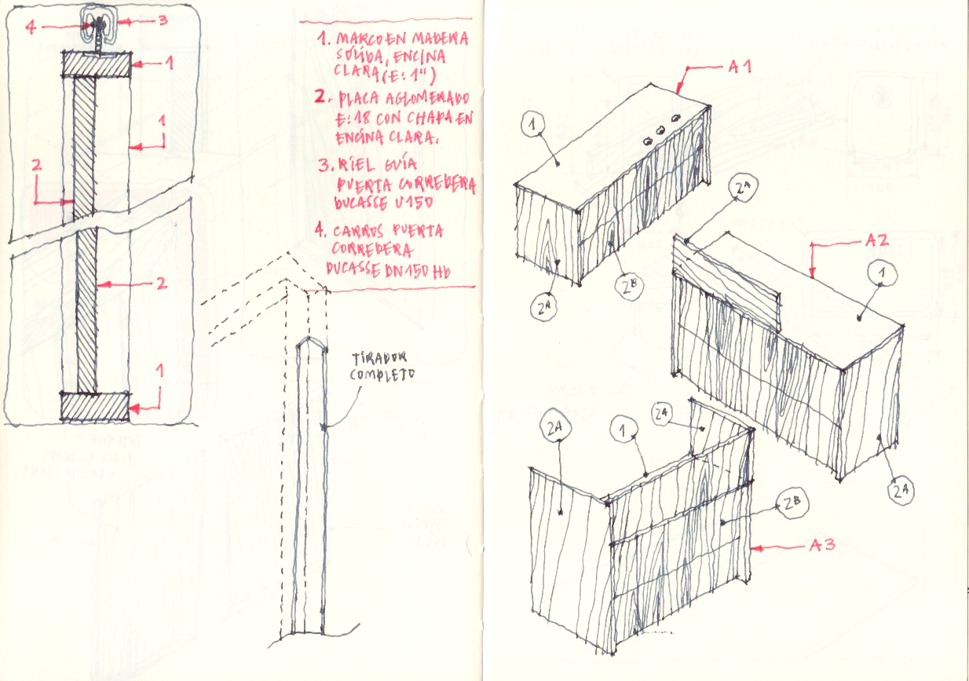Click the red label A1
pyautogui.click(x=739, y=68)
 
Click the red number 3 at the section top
pyautogui.click(x=163, y=21)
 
